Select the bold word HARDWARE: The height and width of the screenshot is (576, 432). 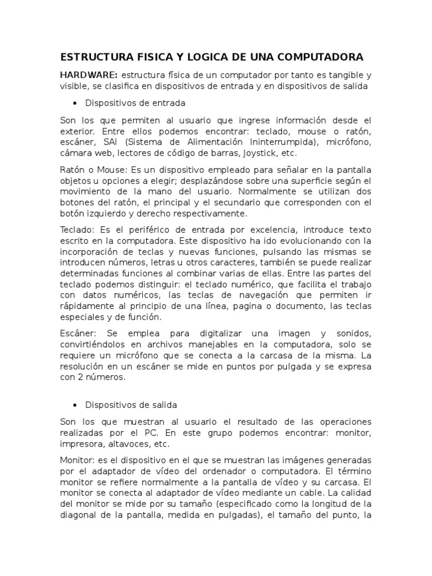(x=89, y=75)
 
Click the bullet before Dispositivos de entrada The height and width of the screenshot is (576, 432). (x=75, y=103)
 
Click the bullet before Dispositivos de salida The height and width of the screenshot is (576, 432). (x=75, y=404)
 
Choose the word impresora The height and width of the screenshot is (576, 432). (x=83, y=444)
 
